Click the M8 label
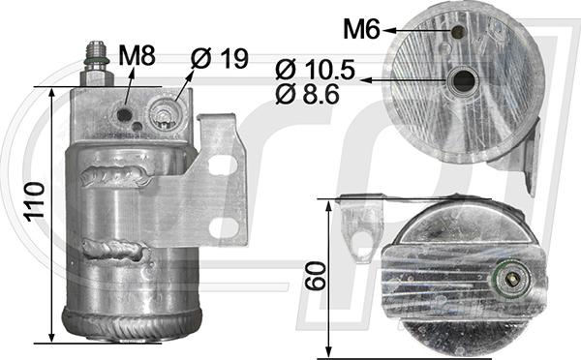click(137, 56)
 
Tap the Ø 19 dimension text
click(220, 58)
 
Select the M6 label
click(361, 29)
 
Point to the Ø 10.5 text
click(315, 70)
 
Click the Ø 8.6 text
click(307, 94)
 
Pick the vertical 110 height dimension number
click(35, 201)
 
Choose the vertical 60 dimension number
click(315, 276)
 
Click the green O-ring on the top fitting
click(96, 60)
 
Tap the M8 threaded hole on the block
click(125, 115)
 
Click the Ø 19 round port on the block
click(163, 114)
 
